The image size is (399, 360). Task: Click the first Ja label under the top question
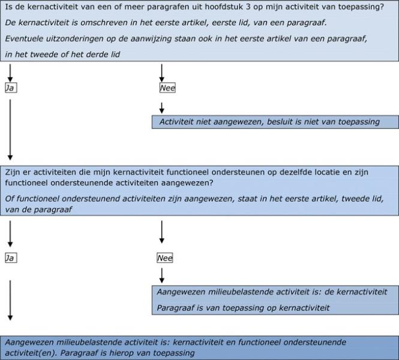[10, 88]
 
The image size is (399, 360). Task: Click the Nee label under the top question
[166, 88]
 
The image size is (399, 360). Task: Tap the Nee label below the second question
[164, 258]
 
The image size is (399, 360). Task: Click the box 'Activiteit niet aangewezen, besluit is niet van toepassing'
[275, 122]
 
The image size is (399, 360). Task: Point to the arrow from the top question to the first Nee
[161, 73]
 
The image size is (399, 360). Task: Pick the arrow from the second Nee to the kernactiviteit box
[161, 275]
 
